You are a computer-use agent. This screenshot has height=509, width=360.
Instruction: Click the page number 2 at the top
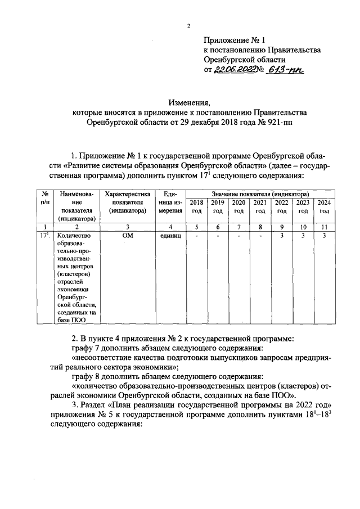pyautogui.click(x=189, y=26)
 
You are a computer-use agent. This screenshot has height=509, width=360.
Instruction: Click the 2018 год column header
pyautogui.click(x=196, y=206)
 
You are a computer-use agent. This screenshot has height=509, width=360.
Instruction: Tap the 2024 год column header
pyautogui.click(x=324, y=206)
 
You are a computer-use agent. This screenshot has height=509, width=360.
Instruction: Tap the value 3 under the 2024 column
pyautogui.click(x=324, y=236)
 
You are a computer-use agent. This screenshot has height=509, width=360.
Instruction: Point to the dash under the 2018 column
pyautogui.click(x=196, y=236)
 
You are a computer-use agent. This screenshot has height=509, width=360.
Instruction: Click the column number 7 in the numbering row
pyautogui.click(x=239, y=227)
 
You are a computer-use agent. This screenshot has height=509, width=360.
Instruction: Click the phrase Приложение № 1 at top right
pyautogui.click(x=230, y=40)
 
